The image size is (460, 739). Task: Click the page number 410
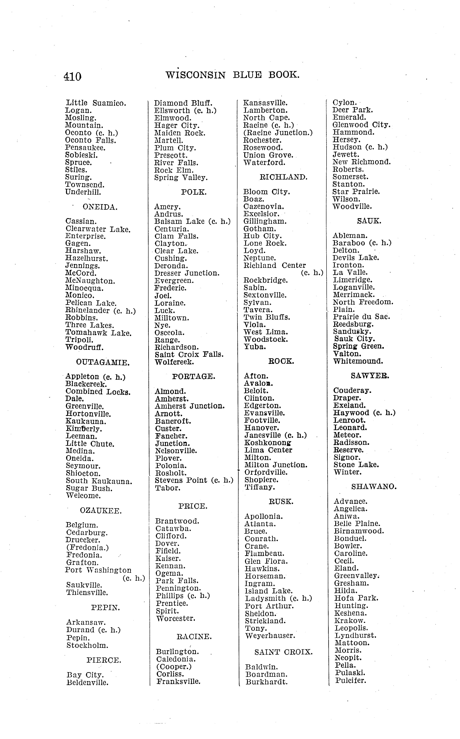(72, 76)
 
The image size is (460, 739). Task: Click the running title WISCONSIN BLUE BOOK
(232, 75)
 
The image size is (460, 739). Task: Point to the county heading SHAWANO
(374, 487)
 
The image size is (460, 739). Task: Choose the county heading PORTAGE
(193, 376)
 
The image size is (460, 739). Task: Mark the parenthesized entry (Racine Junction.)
(278, 133)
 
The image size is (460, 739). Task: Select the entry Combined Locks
(98, 392)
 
